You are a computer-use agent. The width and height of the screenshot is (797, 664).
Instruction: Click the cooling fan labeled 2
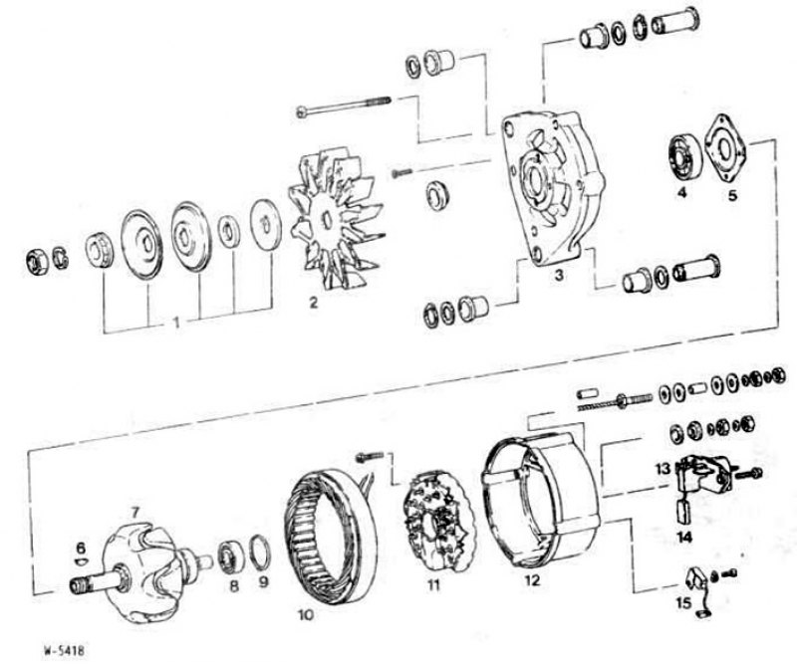click(x=336, y=219)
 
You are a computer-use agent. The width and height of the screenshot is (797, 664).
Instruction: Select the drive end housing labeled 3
click(x=552, y=188)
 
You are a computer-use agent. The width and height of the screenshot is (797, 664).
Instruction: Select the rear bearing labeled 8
click(x=229, y=556)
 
